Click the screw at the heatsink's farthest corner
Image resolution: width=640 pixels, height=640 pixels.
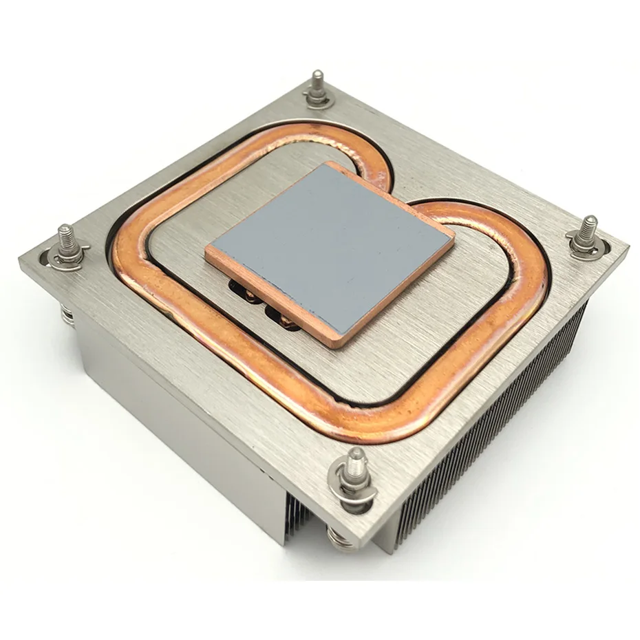coord(317,85)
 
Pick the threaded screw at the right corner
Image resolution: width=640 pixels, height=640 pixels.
coord(588,234)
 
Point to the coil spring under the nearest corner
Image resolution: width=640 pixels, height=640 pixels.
coord(342,537)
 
